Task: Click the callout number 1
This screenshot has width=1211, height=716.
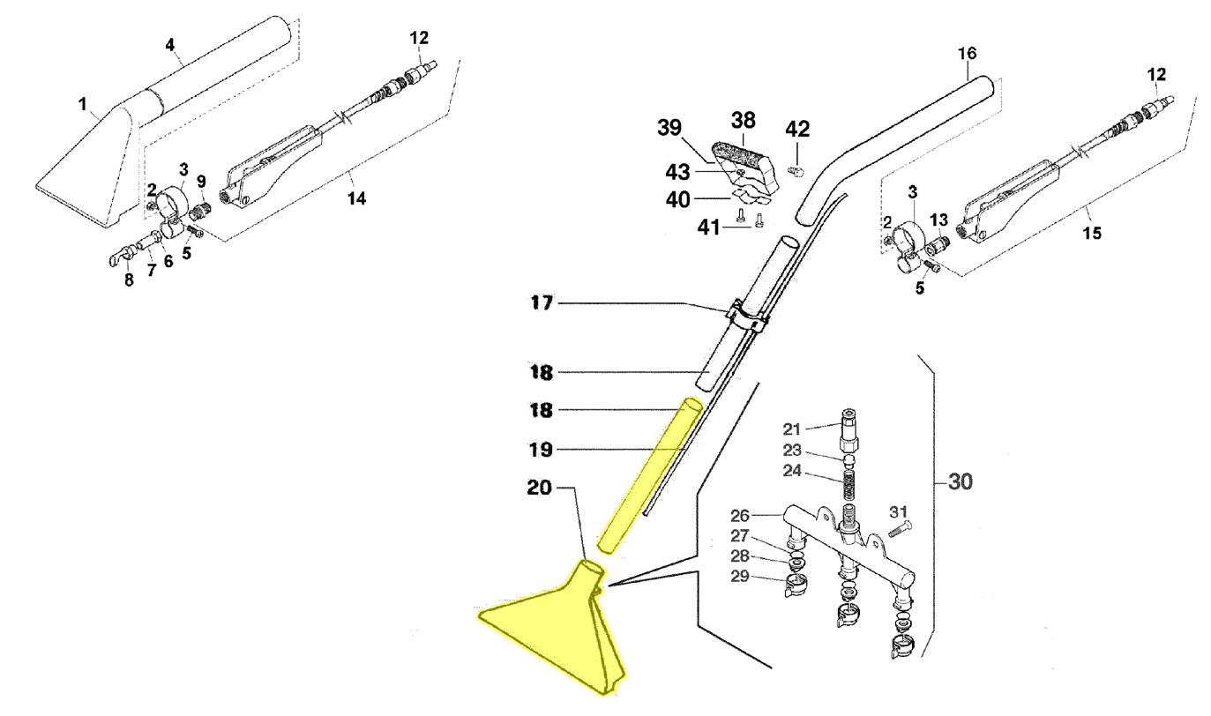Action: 82,105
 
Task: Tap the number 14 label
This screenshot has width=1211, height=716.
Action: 355,199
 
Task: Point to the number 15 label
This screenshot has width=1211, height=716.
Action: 1092,233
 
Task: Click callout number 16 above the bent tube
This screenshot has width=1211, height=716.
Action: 967,54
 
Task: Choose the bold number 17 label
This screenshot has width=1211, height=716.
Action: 541,304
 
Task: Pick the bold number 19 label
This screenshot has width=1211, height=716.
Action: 541,450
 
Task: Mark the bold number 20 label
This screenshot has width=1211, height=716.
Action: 541,488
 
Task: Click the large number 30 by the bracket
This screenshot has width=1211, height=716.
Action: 961,483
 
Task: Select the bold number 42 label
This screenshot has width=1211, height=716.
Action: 797,129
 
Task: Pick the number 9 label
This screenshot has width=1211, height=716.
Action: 200,181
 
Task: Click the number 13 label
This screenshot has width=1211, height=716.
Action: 939,219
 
